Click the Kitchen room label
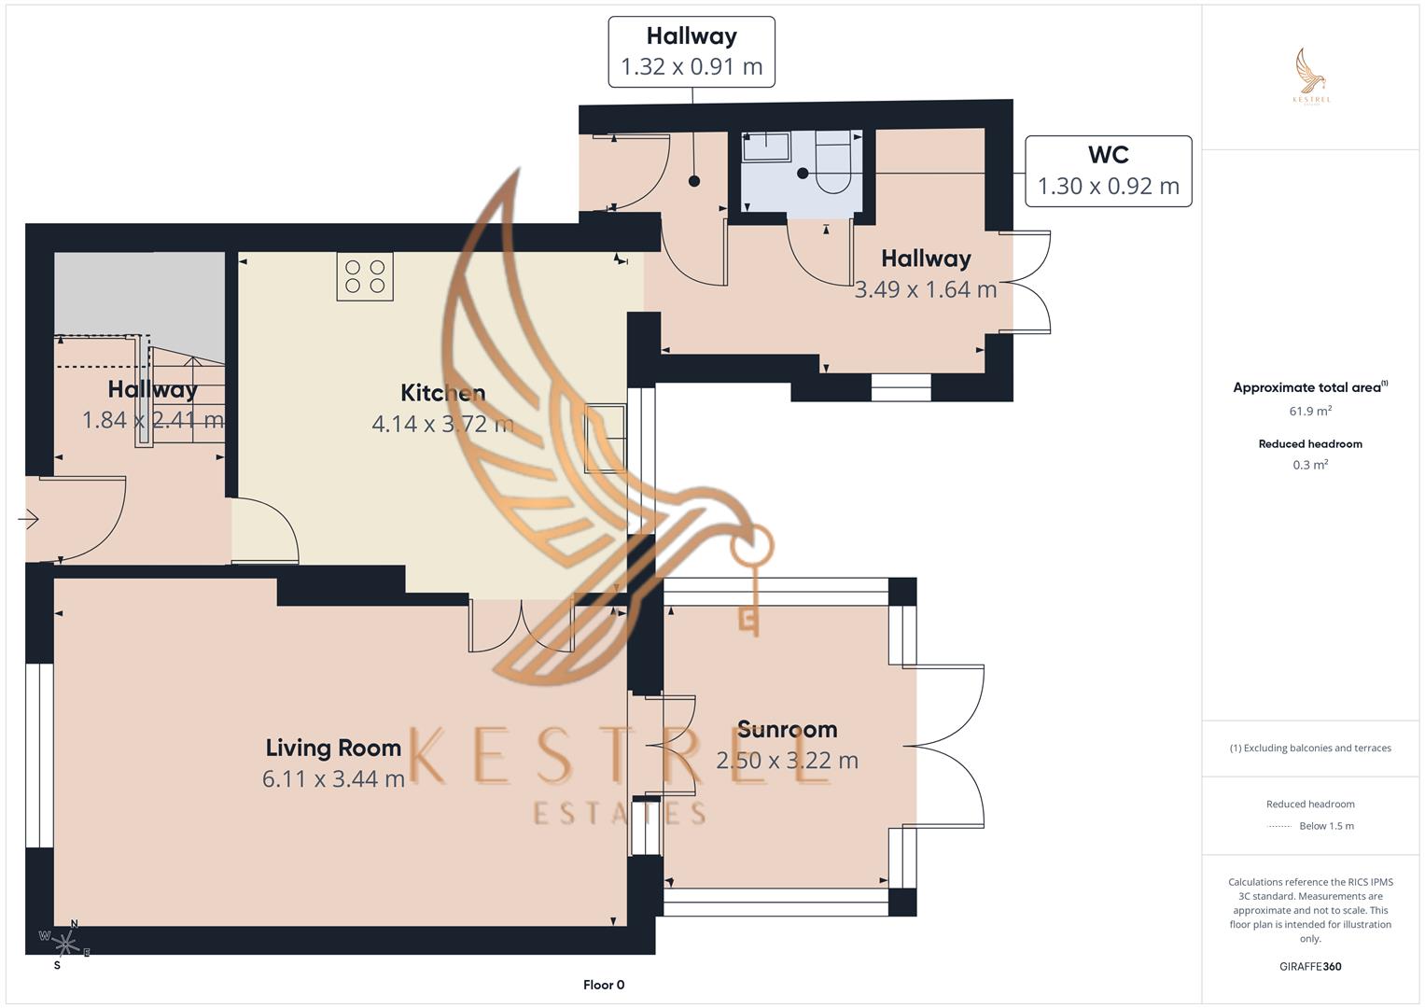442,393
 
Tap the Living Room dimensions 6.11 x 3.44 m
333,778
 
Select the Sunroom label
787,729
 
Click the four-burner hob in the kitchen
365,276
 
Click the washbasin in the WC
765,146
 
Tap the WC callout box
1108,171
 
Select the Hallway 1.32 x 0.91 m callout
692,52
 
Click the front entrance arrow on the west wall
29,519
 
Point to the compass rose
65,943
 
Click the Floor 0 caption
604,985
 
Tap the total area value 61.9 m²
1310,411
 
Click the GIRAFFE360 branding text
1310,966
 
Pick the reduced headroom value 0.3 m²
1310,465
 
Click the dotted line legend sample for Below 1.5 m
1279,826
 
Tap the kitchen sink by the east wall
605,439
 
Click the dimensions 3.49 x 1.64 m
926,289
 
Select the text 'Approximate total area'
1306,387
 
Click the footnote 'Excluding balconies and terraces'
1310,748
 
